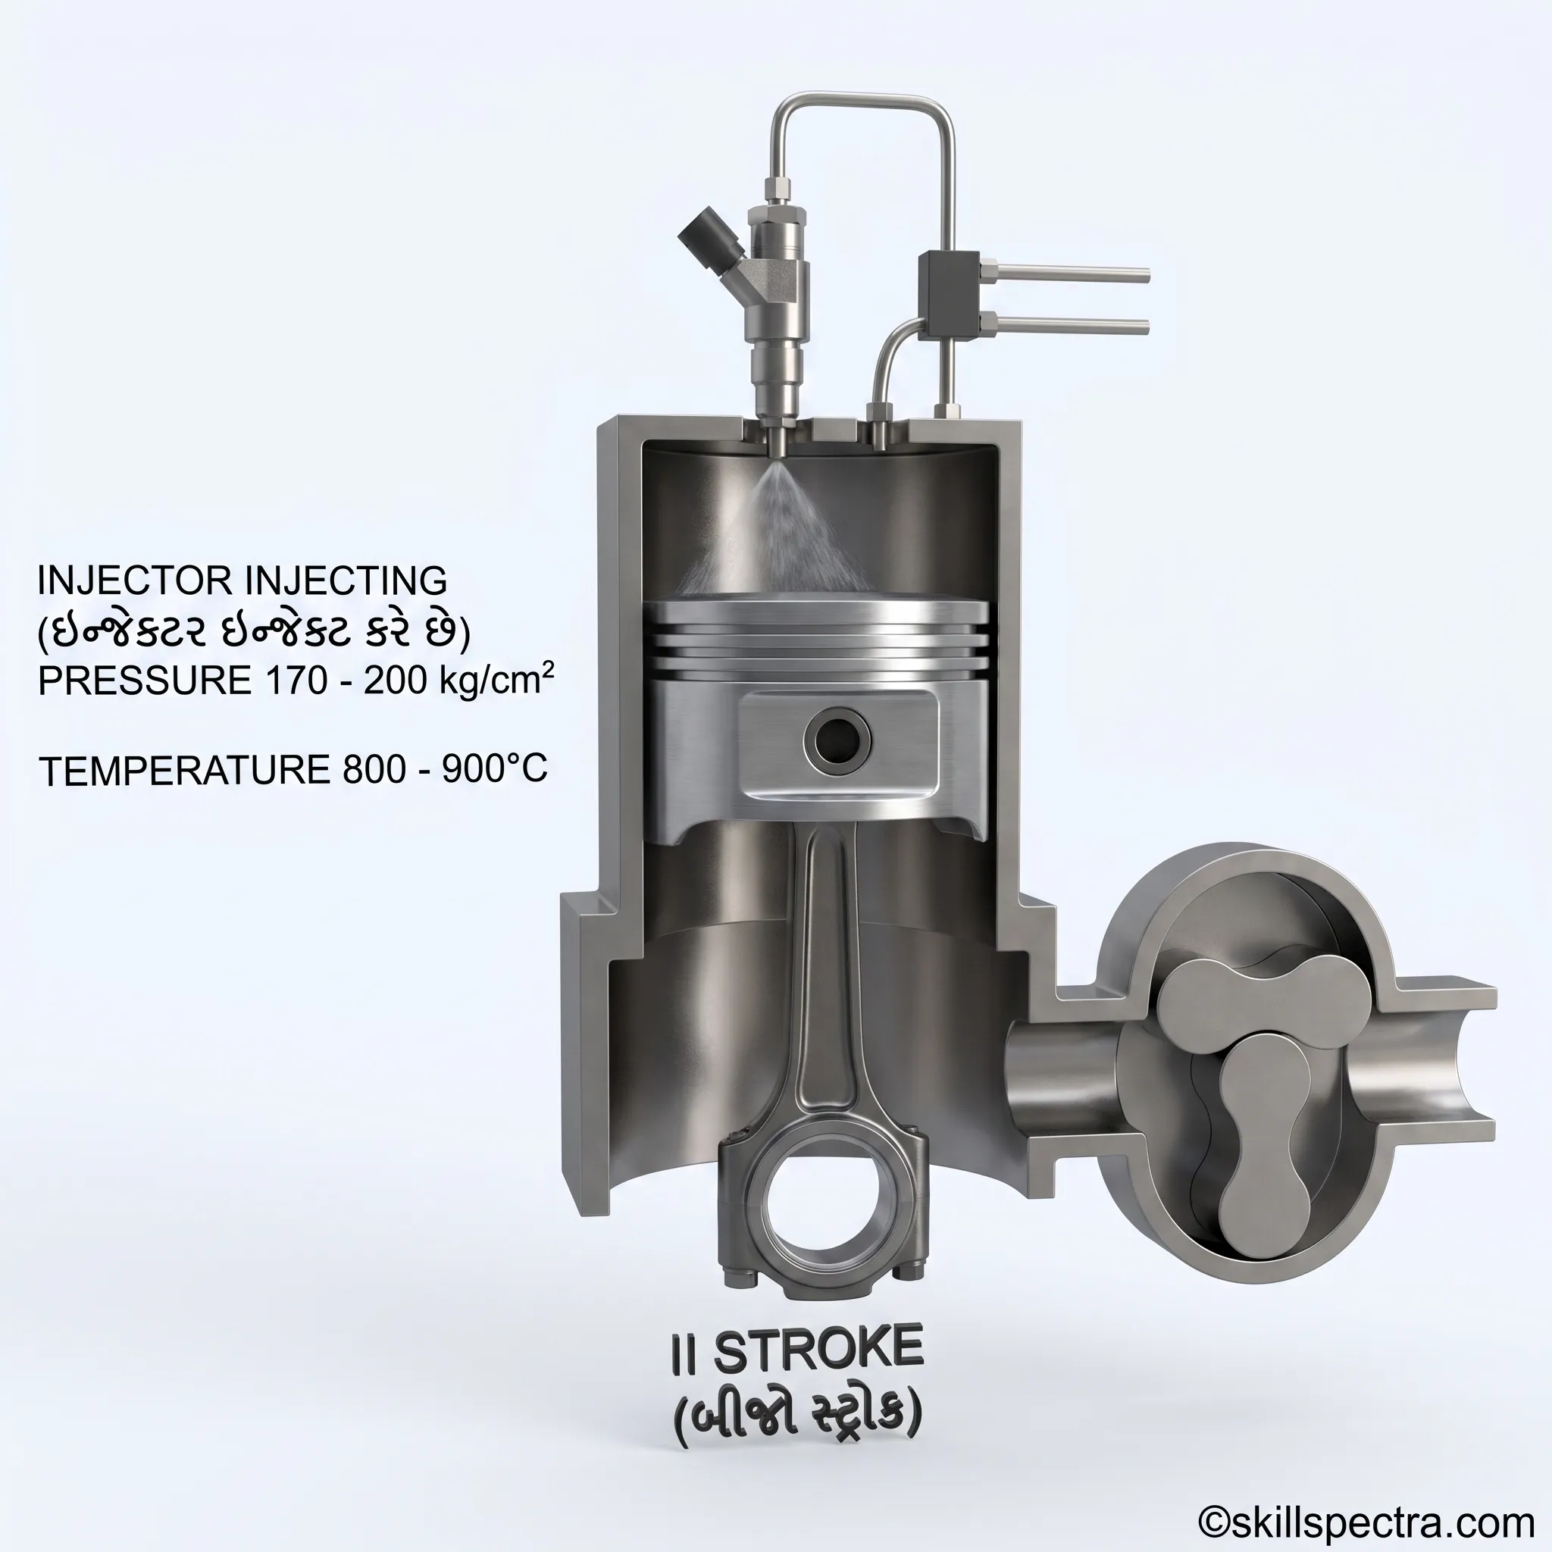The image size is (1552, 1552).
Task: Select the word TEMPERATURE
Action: point(184,771)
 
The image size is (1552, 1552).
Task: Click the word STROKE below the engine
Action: point(818,1350)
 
